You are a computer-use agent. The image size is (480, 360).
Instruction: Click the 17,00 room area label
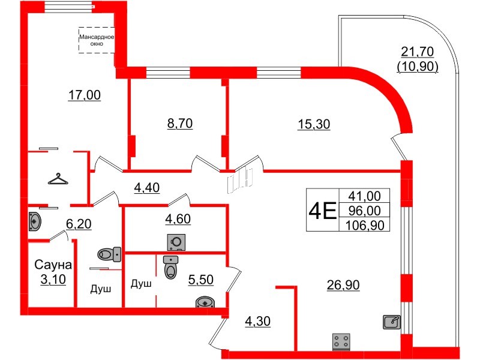84,95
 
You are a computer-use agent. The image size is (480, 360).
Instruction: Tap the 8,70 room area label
180,124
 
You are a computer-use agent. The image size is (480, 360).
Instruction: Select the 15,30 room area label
314,124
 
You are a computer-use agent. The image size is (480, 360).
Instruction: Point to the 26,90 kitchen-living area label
343,285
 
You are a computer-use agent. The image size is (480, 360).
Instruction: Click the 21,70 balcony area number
417,52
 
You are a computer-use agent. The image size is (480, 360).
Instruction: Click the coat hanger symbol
58,179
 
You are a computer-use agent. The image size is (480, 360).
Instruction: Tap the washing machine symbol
176,242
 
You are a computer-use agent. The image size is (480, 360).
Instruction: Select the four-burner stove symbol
341,341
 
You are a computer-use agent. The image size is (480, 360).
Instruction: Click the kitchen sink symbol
392,322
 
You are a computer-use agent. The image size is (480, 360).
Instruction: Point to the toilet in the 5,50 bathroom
170,267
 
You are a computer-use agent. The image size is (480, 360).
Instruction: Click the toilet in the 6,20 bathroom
109,254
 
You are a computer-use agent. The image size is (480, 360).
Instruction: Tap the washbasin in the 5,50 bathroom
205,302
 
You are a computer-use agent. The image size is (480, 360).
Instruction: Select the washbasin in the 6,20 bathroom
34,221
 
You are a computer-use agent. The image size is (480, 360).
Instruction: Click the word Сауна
53,265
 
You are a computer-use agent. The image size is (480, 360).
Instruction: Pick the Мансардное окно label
97,40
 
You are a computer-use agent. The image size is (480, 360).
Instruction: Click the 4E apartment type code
323,211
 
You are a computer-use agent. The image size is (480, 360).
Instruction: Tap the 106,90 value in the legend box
365,226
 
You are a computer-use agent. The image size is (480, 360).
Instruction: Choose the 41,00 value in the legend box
365,196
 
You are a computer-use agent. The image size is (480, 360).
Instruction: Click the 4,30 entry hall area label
258,322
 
